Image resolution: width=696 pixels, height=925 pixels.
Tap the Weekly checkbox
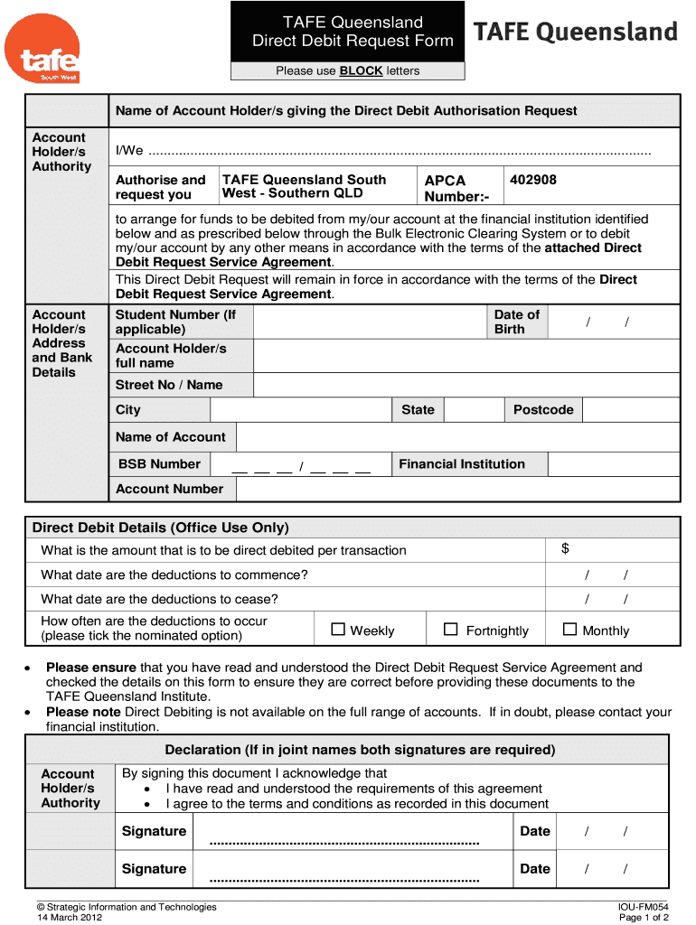coord(338,630)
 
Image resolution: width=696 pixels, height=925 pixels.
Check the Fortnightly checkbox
coord(451,630)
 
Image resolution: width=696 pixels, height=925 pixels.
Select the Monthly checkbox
coord(569,630)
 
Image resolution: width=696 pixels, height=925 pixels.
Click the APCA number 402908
coord(533,180)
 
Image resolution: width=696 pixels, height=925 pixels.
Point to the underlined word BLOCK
coord(361,70)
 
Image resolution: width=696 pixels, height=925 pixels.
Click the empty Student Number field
coord(370,322)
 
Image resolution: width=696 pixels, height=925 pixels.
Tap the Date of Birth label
coord(516,322)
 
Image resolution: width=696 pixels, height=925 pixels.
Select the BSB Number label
coord(158,464)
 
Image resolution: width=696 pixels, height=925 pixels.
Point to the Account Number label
coord(169,489)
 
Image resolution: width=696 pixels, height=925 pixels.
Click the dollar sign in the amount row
coord(565,549)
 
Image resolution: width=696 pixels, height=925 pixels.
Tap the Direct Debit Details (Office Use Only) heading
coord(160,528)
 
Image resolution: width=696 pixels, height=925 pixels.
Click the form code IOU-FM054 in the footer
coord(643,906)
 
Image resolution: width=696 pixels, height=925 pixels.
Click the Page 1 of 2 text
coord(644,917)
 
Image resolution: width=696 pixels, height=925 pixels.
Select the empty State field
coord(474,410)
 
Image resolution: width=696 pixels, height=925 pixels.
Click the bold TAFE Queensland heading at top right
coord(575,33)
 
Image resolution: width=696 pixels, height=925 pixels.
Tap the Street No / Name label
coord(169,385)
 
